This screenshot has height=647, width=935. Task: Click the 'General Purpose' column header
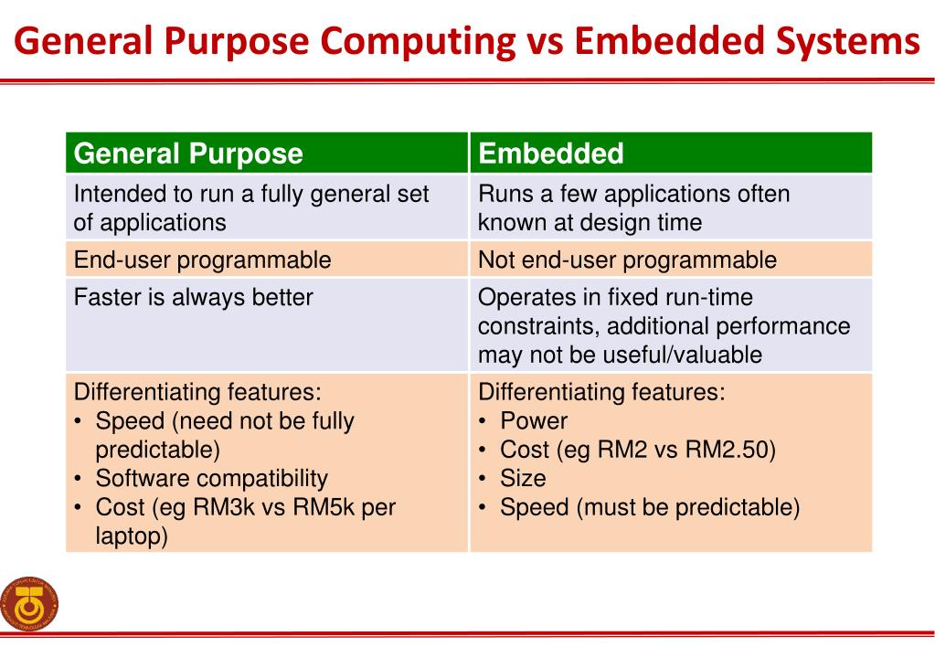pyautogui.click(x=187, y=154)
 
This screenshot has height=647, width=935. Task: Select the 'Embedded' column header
pyautogui.click(x=551, y=154)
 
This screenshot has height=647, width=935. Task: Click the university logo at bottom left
pyautogui.click(x=30, y=604)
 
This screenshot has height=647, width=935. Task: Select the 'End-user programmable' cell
pyautogui.click(x=202, y=260)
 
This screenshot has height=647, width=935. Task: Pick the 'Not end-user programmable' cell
pyautogui.click(x=627, y=260)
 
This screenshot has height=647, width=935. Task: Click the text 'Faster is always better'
pyautogui.click(x=193, y=298)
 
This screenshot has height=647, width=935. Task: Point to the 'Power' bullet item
pyautogui.click(x=534, y=421)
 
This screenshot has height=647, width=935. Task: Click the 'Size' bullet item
pyautogui.click(x=523, y=478)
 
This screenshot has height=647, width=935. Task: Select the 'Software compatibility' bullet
pyautogui.click(x=211, y=478)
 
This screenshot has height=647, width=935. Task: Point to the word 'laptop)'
pyautogui.click(x=132, y=536)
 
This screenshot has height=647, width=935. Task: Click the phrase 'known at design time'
pyautogui.click(x=590, y=222)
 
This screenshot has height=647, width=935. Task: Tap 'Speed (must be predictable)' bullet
pyautogui.click(x=649, y=507)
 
